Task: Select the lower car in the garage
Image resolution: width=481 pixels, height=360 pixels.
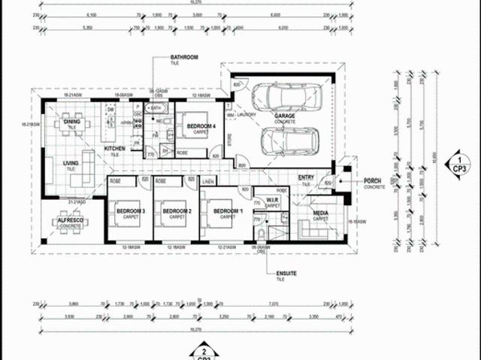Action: (289, 141)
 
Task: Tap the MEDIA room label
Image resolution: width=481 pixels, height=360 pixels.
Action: (321, 216)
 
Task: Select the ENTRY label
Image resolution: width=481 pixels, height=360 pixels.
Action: (305, 179)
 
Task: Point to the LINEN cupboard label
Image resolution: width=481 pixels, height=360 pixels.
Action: (208, 181)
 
